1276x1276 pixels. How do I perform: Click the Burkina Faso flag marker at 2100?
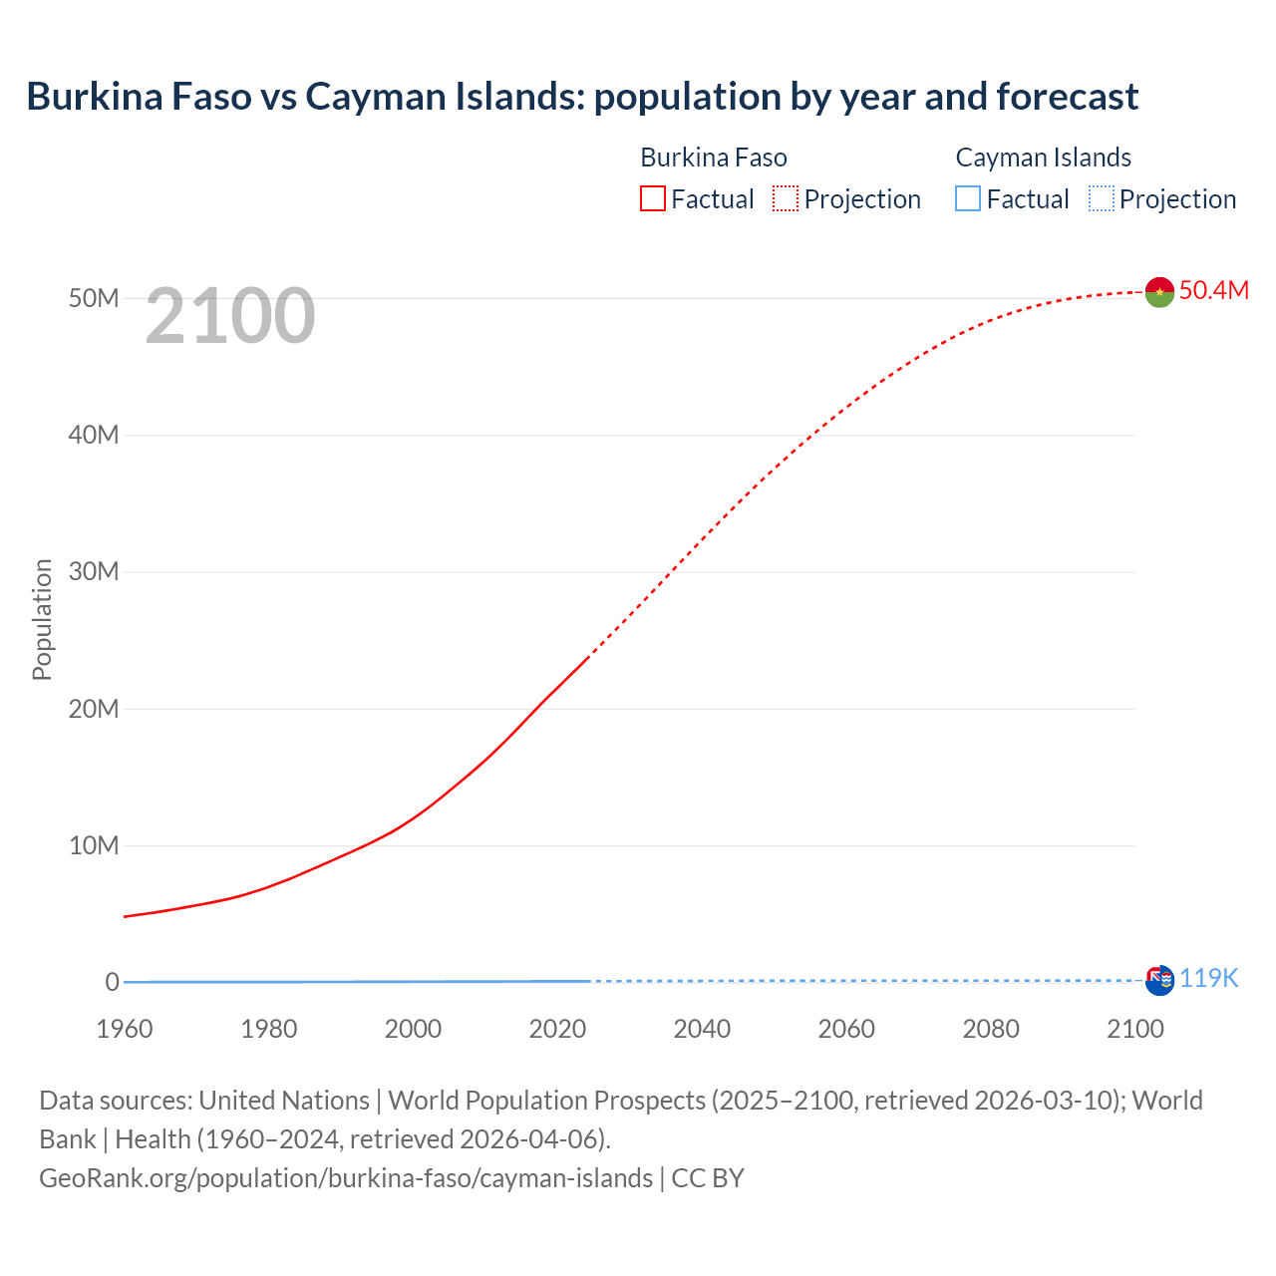point(1159,291)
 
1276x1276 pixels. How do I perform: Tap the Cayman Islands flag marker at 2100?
point(1159,980)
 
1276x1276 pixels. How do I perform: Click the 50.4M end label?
point(1213,290)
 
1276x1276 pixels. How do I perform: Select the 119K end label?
point(1208,979)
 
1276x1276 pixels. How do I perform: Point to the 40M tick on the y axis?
point(94,435)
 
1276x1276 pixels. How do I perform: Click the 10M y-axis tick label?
point(94,845)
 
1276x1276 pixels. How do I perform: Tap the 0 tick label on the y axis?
point(112,982)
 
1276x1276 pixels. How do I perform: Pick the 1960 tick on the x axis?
point(125,1029)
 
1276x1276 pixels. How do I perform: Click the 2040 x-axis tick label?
point(702,1029)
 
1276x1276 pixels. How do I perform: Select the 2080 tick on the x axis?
point(991,1029)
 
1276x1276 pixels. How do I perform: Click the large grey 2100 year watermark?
point(230,316)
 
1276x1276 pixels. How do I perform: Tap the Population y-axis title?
point(42,619)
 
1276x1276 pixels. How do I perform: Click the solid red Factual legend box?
point(652,199)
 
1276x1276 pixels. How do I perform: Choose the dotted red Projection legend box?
point(786,199)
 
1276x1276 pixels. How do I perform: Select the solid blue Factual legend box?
point(968,199)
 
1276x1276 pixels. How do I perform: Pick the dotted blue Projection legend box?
point(1101,199)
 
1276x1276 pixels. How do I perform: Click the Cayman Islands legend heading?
point(1043,158)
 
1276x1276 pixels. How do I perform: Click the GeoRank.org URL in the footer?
point(346,1178)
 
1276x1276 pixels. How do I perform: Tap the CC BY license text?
point(708,1178)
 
